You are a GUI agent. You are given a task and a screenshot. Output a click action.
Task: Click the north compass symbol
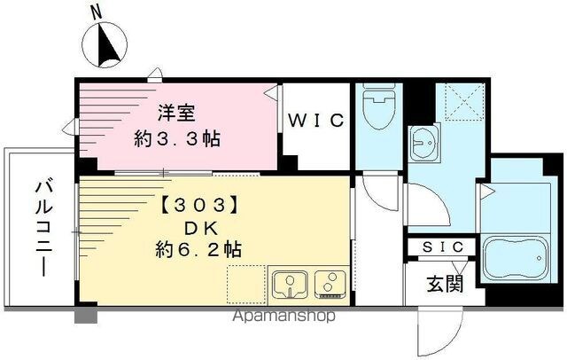point(105,45)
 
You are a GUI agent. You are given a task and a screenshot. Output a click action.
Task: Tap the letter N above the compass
point(97,13)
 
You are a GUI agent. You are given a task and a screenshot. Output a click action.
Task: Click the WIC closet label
point(315,121)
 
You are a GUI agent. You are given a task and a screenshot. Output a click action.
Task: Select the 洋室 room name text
point(177,113)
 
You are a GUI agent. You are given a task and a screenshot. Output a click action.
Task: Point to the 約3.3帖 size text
point(177,138)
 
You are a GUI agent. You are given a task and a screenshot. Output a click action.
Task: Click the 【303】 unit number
point(198,206)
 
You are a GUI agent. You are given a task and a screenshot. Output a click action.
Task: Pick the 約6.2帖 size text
point(198,249)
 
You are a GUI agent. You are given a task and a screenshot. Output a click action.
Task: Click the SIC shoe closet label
point(443,247)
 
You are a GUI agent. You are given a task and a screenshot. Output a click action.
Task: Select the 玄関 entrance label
point(445,283)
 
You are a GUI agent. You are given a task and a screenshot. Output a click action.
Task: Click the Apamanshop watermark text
point(283,316)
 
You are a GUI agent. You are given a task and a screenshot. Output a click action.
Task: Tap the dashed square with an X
point(464,101)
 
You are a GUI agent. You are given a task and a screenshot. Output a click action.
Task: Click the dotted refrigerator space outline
point(246,285)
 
